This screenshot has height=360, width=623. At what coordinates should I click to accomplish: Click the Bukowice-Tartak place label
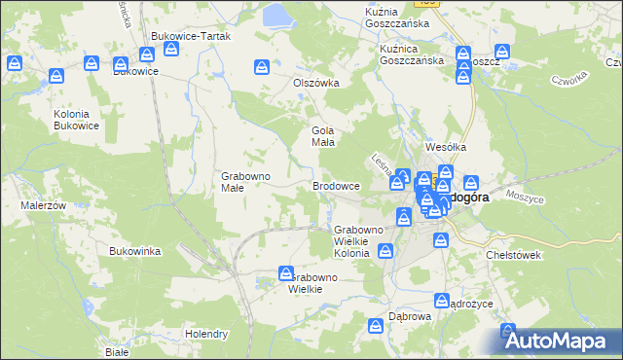pos(190,36)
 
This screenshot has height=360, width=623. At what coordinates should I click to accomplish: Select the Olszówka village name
pos(316,83)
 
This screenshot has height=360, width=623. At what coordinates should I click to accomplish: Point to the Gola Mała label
pos(322,136)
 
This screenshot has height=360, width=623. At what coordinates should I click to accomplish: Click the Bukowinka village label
pos(135,251)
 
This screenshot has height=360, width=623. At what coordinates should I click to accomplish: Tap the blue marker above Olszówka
pos(262,67)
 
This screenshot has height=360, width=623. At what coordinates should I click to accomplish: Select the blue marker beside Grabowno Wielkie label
pos(286,274)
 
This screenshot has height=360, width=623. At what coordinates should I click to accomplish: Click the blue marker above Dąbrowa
pos(376,326)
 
